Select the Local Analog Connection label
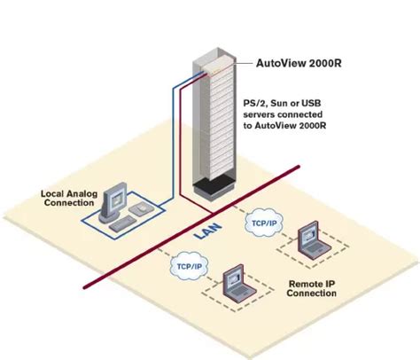tap(67, 198)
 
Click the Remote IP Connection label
tap(313, 291)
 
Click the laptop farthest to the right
tap(313, 237)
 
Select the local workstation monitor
tap(115, 201)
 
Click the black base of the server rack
tap(213, 186)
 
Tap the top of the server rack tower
tap(213, 44)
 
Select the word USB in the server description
tap(318, 103)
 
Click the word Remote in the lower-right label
tap(302, 286)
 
